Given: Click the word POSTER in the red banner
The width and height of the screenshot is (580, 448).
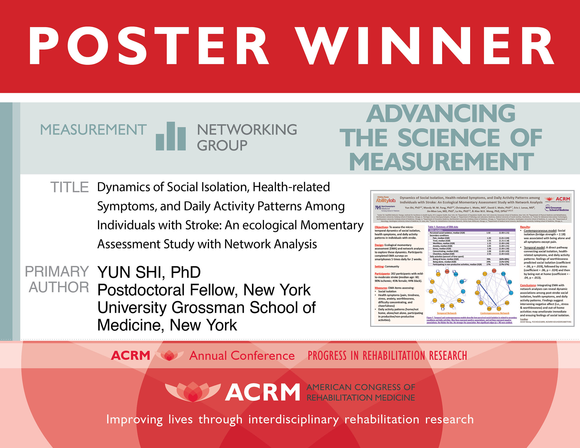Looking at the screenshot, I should (149, 47).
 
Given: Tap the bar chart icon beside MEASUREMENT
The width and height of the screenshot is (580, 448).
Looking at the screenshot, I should (171, 136).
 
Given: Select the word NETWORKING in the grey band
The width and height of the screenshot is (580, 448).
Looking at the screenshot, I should (247, 130).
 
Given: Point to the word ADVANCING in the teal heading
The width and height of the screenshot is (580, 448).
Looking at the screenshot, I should (441, 114).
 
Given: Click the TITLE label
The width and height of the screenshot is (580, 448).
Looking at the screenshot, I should (69, 187).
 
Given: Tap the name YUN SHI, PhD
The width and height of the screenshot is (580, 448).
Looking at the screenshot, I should (149, 272).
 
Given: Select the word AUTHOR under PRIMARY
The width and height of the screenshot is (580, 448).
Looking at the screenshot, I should (59, 287).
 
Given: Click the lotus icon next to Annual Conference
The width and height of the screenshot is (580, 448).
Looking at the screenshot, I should (169, 355).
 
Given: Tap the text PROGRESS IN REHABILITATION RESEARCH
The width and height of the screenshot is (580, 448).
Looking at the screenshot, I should (387, 356).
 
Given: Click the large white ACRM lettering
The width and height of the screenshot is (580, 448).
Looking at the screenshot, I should (262, 393).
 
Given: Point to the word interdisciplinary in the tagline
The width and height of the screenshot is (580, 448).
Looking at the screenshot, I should (293, 419).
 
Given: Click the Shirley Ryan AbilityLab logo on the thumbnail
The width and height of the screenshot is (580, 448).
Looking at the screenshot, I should (385, 200).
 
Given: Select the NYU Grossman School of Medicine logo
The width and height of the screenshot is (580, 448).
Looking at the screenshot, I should (557, 209).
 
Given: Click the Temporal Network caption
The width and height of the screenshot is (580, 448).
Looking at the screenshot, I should (447, 313).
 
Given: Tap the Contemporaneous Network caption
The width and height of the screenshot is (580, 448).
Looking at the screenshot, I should (494, 313).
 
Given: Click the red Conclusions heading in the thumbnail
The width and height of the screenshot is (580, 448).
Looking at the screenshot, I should (528, 285).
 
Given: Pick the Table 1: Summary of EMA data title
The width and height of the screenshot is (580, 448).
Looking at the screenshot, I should (443, 227).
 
